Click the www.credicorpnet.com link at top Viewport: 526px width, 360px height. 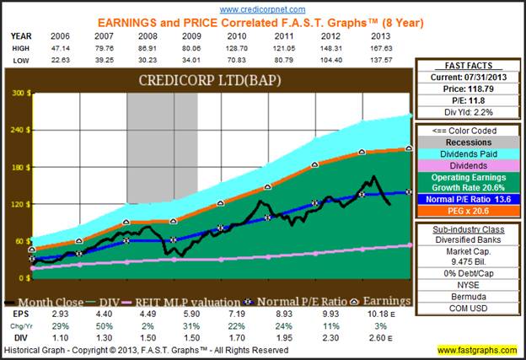(x=262, y=8)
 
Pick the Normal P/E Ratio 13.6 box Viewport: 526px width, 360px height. (x=466, y=200)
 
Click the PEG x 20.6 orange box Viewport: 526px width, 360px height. (x=466, y=212)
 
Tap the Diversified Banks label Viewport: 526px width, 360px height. (x=466, y=239)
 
